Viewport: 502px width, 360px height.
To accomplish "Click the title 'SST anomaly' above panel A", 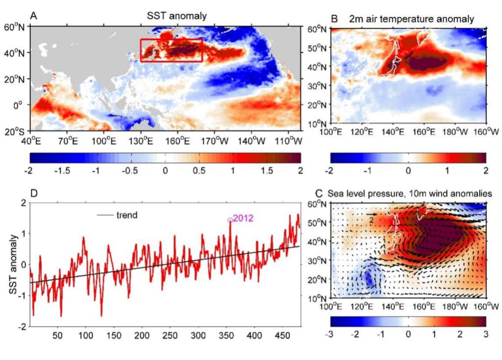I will coord(177,16).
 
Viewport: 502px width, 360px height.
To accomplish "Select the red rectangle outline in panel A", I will coord(171,40).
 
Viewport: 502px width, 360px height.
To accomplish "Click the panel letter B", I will coord(334,19).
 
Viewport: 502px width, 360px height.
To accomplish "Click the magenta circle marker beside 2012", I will coord(230,220).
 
